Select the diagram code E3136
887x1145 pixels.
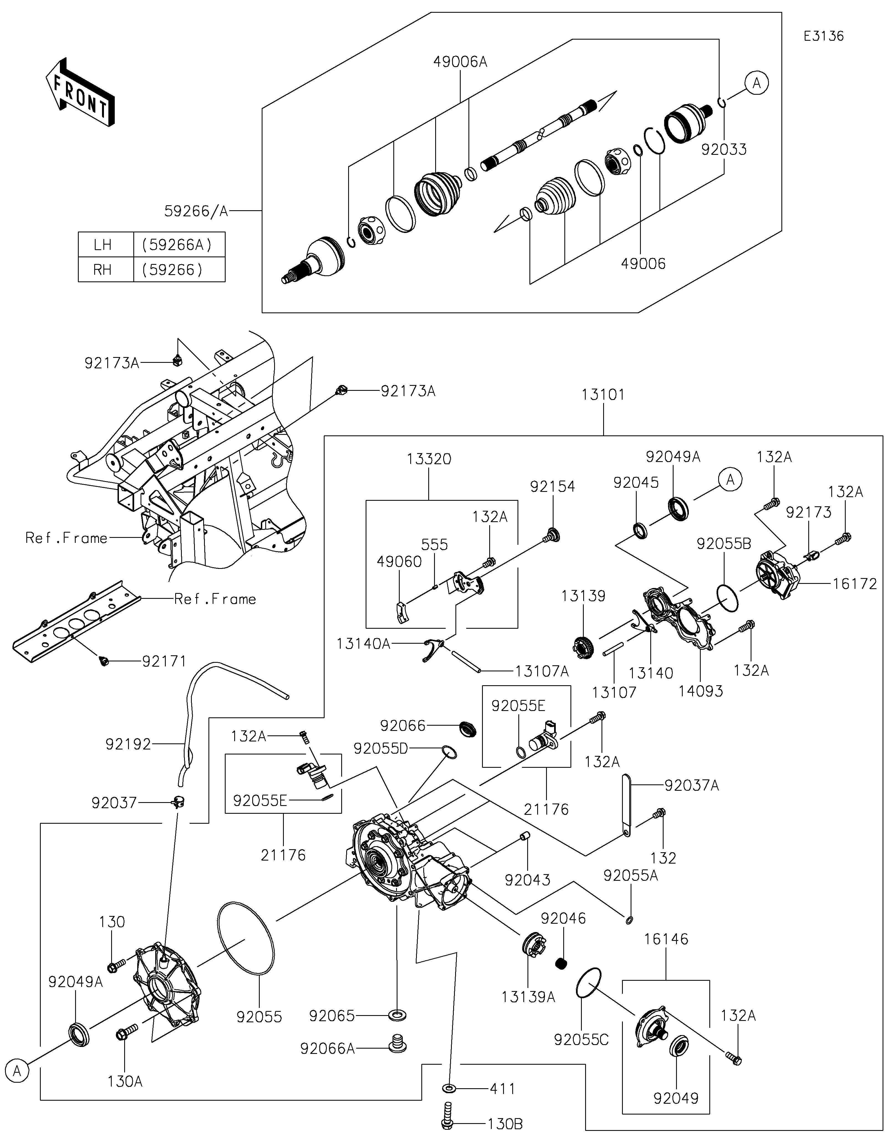click(x=824, y=36)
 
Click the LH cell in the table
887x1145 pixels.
click(x=103, y=245)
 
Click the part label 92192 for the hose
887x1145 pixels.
click(x=128, y=744)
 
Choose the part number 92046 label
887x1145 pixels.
click(x=563, y=918)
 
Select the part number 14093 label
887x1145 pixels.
click(x=701, y=691)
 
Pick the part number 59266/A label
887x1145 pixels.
click(x=196, y=211)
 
